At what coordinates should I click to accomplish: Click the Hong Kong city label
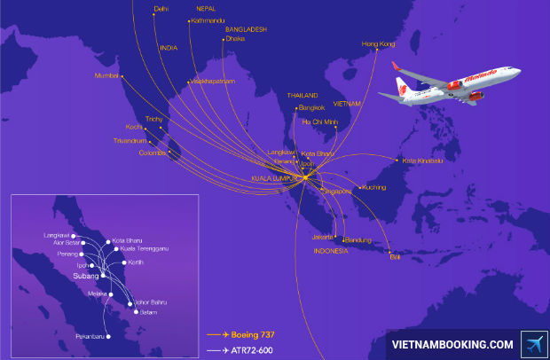379,43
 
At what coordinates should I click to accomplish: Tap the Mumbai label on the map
106,75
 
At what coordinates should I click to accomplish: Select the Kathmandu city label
204,19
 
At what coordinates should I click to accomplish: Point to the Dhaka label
235,38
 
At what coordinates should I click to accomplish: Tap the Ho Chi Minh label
320,121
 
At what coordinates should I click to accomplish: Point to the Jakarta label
322,237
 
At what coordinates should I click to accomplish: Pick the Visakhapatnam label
212,81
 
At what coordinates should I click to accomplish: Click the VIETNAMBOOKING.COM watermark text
452,344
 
